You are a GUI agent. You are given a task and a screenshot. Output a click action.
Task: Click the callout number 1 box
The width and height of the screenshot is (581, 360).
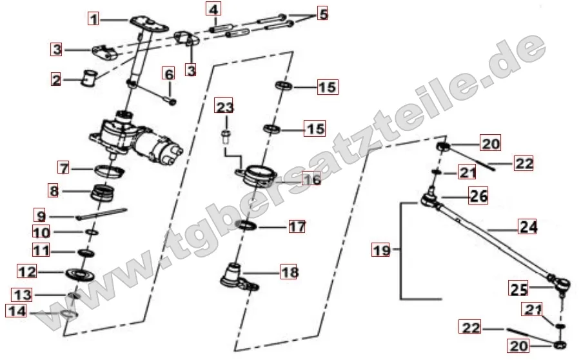tap(94, 19)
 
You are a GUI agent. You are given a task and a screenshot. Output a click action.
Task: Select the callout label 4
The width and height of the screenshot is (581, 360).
tap(213, 10)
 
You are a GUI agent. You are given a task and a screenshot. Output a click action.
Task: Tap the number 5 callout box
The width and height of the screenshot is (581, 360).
tap(322, 14)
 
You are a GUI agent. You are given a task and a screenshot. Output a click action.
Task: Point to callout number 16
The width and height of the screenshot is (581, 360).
tap(311, 179)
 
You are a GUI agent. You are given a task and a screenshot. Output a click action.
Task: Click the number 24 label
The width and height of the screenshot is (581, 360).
tap(527, 226)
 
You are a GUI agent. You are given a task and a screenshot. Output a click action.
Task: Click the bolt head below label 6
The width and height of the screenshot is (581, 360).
tap(171, 101)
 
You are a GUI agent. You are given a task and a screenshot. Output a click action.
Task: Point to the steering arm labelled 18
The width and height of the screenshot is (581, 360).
tap(238, 276)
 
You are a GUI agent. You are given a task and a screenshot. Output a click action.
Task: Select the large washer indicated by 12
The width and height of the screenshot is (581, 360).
tap(82, 273)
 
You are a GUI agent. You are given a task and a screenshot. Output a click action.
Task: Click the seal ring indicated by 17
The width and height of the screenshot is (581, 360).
tap(246, 226)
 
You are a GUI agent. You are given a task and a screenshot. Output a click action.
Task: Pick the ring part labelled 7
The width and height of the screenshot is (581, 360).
tap(109, 171)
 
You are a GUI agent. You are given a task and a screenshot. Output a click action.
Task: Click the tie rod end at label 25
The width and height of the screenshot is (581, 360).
tap(560, 282)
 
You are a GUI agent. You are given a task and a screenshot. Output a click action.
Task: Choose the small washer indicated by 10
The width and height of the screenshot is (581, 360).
tap(91, 231)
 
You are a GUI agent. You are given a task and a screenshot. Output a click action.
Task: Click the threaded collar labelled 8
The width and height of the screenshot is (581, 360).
tap(103, 193)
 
